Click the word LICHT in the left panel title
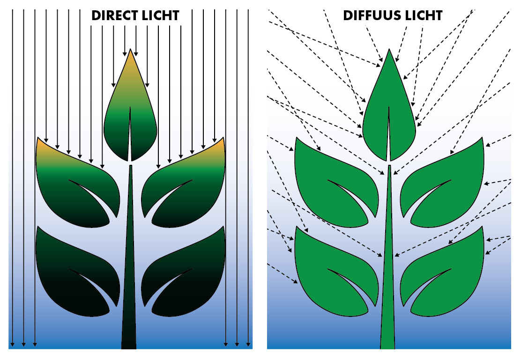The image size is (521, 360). point(161,15)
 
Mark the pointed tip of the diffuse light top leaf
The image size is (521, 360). point(389,50)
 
